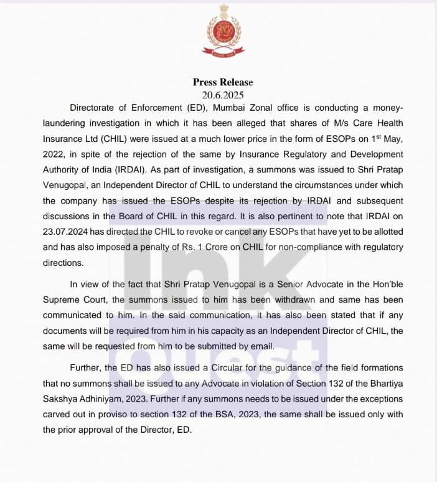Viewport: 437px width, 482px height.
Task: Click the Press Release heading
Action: (223, 82)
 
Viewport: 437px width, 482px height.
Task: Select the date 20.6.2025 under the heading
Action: (223, 95)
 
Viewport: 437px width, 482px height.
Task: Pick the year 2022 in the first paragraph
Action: (55, 154)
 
